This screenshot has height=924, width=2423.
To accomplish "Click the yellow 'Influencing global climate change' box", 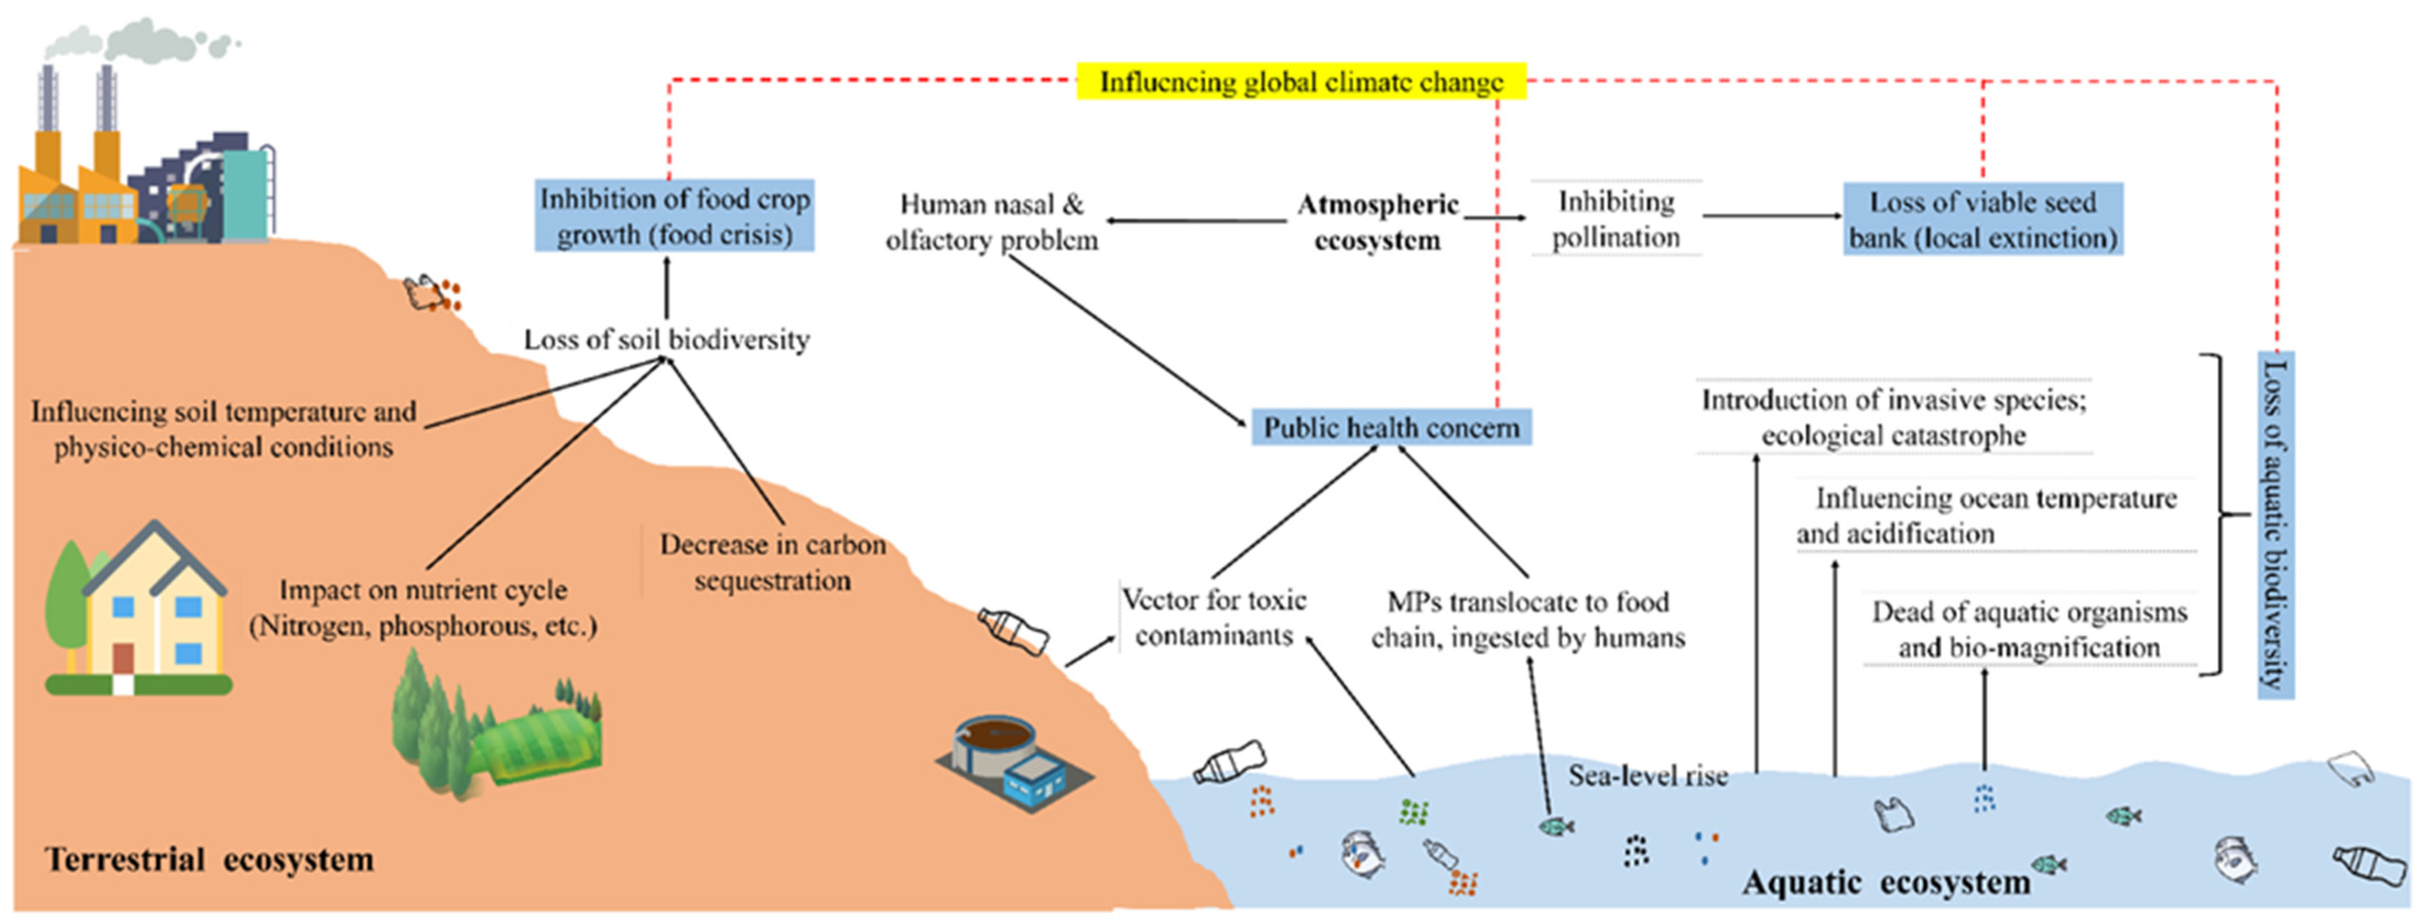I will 1301,82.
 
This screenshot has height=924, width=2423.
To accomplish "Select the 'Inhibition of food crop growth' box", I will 675,216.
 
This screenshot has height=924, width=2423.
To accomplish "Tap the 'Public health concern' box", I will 1391,427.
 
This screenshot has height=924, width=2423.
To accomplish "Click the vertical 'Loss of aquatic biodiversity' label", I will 2275,524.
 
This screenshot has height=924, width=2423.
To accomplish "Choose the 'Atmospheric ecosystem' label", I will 1378,222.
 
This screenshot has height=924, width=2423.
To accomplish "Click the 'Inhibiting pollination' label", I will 1615,219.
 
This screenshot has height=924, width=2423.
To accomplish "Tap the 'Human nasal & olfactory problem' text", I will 991,222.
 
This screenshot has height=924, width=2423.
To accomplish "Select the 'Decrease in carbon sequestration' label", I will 772,562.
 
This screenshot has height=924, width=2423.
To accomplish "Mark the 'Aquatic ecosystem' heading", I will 1886,883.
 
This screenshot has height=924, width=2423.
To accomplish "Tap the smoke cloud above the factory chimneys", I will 141,40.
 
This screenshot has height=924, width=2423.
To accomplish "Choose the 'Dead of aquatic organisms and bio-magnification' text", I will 2029,629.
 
